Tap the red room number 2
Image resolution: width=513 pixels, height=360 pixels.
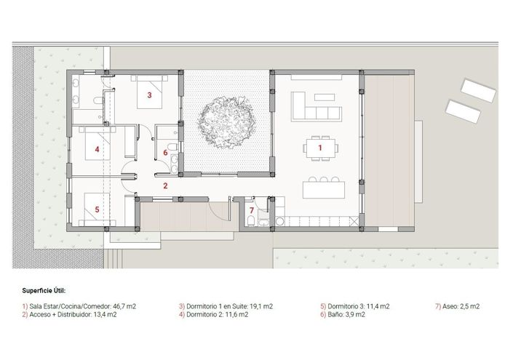165,185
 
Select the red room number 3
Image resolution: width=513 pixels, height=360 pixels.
149,95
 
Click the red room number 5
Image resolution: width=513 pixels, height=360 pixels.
97,209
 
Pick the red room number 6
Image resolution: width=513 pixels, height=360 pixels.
165,153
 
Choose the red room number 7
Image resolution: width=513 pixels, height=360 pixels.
252,211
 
